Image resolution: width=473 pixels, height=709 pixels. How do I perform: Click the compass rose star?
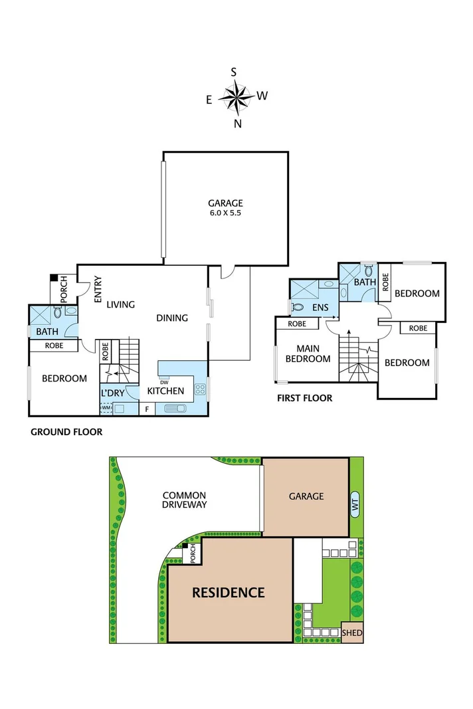[x=235, y=98]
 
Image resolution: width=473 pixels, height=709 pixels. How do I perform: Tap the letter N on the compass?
[x=237, y=124]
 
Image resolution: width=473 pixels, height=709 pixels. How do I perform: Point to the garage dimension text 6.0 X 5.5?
[x=225, y=214]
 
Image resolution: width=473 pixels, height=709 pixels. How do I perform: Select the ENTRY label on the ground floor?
[x=98, y=290]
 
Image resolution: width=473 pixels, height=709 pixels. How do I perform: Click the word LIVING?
[x=121, y=304]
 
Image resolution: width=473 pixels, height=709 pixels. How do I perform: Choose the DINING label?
[x=172, y=318]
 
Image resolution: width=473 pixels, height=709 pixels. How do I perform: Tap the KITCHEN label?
[x=165, y=391]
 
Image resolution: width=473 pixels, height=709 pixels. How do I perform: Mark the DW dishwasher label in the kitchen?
[x=163, y=381]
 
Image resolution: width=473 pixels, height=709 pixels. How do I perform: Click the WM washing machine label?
[x=106, y=407]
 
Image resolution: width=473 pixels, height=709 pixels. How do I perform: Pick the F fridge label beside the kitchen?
[x=147, y=409]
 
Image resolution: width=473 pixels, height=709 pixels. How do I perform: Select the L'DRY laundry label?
[x=112, y=393]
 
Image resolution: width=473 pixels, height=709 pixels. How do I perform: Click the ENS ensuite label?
[x=320, y=308]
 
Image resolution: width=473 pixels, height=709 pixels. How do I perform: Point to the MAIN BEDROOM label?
[x=308, y=354]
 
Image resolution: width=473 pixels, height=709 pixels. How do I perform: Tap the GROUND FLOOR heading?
[x=66, y=432]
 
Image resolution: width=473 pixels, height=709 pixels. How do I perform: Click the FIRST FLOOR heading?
[x=304, y=399]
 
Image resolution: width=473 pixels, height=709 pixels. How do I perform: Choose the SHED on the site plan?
[x=352, y=633]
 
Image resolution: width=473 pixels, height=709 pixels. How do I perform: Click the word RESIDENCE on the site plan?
[x=229, y=592]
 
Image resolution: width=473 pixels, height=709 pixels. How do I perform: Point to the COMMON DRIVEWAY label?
[x=185, y=500]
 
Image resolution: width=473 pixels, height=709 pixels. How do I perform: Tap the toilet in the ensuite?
[x=298, y=308]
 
